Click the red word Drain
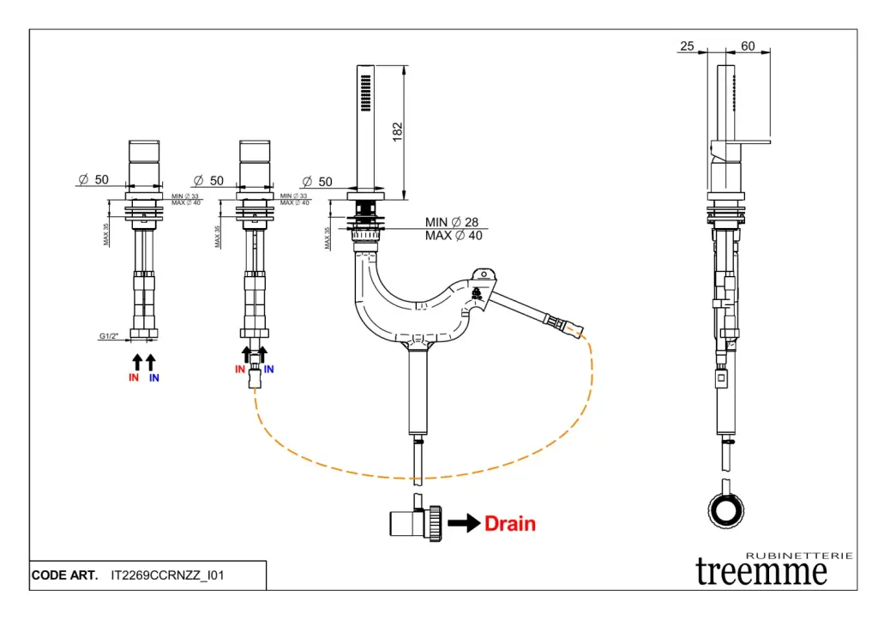coord(510,523)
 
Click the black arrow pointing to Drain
coord(463,523)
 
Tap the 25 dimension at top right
coord(687,46)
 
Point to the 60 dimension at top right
coord(748,46)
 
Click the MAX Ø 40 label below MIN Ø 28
coord(454,236)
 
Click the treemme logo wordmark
coord(761,570)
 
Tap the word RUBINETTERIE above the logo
coord(799,556)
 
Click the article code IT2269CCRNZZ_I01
coord(167,575)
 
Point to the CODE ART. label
coord(64,575)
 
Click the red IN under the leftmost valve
coord(134,377)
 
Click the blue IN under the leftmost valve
coord(154,377)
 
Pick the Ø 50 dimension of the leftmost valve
coord(93,180)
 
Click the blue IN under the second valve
coord(269,370)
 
